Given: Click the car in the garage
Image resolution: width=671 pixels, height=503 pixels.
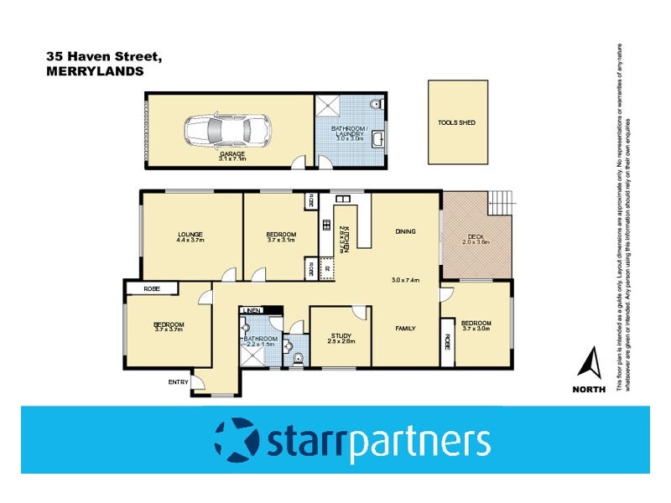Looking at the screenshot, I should pyautogui.click(x=226, y=130).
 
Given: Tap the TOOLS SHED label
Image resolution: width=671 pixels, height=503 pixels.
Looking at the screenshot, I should pyautogui.click(x=456, y=122).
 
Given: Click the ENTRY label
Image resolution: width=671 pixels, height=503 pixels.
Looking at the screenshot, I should pyautogui.click(x=178, y=382).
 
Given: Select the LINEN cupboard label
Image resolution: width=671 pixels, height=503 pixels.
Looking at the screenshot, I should pyautogui.click(x=252, y=310).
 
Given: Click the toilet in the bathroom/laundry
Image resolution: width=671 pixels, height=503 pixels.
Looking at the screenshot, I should pyautogui.click(x=375, y=105).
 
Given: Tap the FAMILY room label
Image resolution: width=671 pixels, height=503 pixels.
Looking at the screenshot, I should pyautogui.click(x=406, y=329).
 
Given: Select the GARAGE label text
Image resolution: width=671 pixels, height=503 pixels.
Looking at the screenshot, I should pyautogui.click(x=232, y=154).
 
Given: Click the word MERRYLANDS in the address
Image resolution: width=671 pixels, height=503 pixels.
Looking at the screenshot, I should pyautogui.click(x=95, y=72).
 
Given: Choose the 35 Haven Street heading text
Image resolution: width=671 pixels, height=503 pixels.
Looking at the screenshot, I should pyautogui.click(x=104, y=57).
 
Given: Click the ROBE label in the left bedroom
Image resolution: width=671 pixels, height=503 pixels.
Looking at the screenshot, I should pyautogui.click(x=152, y=288).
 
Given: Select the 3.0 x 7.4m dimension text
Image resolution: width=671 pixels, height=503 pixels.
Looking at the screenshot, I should pyautogui.click(x=405, y=280).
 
